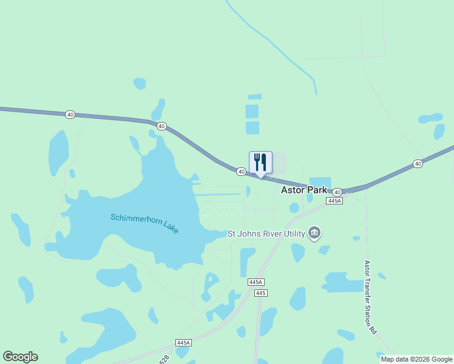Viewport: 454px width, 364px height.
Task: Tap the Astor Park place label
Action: (303, 190)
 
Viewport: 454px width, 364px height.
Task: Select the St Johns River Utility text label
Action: (266, 233)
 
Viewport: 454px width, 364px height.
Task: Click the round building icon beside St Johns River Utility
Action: (314, 233)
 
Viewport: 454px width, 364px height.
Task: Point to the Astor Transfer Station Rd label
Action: (370, 297)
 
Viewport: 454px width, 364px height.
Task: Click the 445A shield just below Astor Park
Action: (334, 200)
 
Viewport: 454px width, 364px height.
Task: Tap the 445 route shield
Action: (261, 293)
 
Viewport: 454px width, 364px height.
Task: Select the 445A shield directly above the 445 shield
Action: (256, 282)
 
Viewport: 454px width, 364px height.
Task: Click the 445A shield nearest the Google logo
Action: (183, 343)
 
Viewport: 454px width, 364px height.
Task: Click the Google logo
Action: (20, 357)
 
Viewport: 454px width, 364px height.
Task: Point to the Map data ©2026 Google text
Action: (416, 359)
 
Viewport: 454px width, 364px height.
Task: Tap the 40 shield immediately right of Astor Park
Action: (337, 191)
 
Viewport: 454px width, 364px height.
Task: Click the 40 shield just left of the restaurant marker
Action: (241, 172)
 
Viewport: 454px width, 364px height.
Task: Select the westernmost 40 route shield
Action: (70, 114)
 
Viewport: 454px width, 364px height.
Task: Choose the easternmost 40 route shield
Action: (418, 164)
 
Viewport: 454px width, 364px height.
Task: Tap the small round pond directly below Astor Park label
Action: (294, 208)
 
